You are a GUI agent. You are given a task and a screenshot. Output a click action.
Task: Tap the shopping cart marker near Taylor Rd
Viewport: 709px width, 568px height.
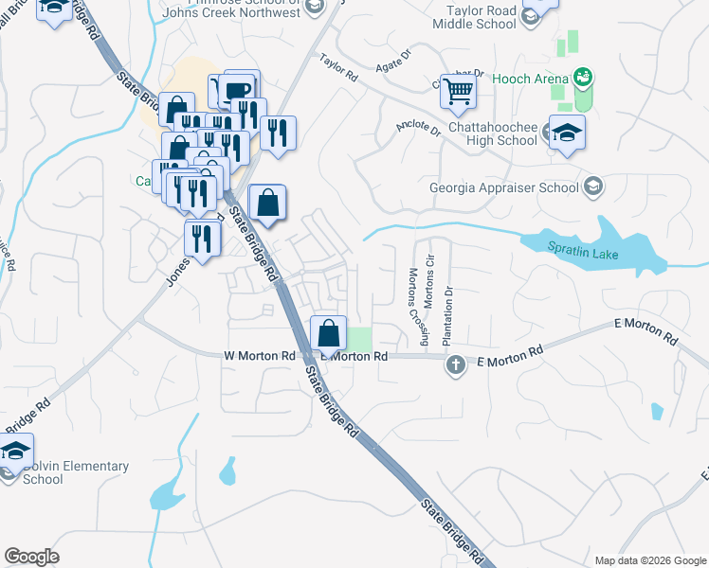coord(458,91)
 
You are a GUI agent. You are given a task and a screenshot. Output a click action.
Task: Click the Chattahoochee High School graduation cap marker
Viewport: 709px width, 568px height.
coord(567,133)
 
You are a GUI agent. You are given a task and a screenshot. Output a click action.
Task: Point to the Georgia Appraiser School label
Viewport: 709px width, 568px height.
coord(503,186)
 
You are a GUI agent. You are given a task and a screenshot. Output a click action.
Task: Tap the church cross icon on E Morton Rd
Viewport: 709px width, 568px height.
coord(455,364)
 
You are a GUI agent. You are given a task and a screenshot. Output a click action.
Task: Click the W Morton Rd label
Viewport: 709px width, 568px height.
coord(259,356)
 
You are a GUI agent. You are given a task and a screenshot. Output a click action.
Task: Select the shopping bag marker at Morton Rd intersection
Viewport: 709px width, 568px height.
coord(328,334)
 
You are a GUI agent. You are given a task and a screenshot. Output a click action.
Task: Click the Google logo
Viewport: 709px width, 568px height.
coord(32,557)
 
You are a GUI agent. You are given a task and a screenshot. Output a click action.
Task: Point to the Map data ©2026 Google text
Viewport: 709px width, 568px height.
coord(649,560)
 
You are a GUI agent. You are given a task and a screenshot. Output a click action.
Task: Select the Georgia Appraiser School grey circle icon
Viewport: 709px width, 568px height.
coord(593,185)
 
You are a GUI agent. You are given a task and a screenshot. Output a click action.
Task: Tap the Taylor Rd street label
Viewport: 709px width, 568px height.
coord(338,67)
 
